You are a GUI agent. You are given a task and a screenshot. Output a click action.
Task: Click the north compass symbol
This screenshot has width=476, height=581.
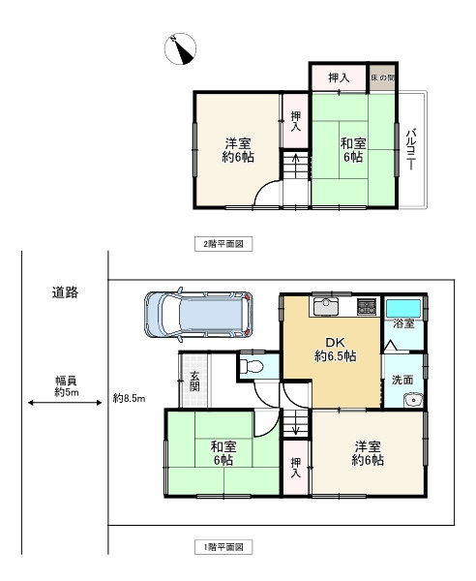tap(180, 48)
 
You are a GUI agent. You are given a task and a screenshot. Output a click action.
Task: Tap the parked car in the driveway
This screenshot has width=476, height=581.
tap(198, 315)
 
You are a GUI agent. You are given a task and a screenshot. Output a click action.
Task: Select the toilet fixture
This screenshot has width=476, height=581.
tap(252, 366)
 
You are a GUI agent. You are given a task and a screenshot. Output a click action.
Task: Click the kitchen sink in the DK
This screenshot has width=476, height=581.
tap(326, 306)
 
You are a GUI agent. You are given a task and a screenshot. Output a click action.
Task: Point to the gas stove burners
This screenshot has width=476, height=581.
tap(367, 306)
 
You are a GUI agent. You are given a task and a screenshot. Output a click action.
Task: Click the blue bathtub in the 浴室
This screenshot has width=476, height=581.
tap(403, 308)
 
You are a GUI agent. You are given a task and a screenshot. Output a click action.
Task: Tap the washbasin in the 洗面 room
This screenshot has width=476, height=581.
tap(413, 400)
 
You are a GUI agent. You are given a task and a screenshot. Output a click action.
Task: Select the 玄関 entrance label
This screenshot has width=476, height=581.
tap(194, 381)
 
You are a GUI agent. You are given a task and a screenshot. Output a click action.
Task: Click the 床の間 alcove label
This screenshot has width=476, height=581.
tap(383, 77)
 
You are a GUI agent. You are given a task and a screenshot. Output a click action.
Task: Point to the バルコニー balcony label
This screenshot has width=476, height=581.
tap(411, 149)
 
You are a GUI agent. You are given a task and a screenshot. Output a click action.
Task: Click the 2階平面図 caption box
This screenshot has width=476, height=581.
tap(223, 244)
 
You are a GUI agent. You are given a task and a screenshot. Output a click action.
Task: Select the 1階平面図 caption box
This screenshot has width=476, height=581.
tap(223, 547)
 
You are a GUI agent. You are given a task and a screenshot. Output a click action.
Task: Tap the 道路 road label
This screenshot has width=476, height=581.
tap(65, 292)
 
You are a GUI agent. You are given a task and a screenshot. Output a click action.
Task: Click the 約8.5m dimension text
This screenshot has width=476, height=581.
tap(130, 399)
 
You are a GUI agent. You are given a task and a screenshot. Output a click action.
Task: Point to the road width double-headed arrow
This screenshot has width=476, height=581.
tap(65, 403)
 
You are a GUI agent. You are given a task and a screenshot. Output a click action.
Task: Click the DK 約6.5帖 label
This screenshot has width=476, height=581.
tap(336, 349)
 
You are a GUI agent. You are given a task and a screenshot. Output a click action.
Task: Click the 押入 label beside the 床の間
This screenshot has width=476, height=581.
tap(339, 77)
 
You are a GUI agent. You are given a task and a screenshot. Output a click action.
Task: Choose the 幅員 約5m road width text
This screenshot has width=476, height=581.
tap(67, 386)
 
